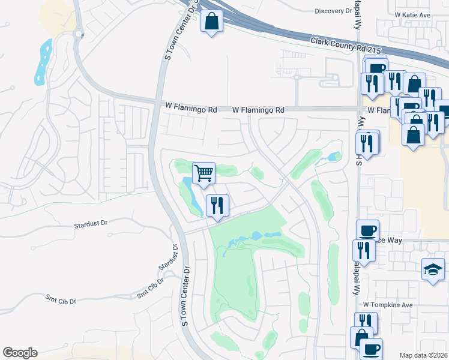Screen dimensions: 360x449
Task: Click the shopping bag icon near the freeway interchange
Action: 211,23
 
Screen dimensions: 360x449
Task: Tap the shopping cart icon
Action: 203,173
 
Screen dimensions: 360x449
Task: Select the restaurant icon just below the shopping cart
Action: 216,206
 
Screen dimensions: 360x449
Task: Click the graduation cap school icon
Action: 433,269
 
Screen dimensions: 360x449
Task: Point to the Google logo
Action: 20,353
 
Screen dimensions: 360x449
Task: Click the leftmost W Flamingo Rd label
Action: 191,110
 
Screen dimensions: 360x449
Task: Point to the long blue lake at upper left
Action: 42,61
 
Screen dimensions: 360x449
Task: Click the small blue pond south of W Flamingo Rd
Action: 332,158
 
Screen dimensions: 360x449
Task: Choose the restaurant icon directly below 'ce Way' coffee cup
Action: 364,250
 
